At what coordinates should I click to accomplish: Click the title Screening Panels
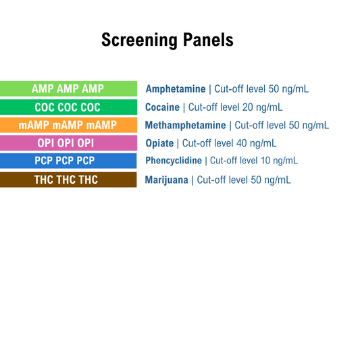tap(167, 40)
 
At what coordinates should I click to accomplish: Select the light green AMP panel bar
tap(68, 88)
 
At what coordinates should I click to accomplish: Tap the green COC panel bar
tap(68, 107)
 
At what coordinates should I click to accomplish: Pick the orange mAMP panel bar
tap(68, 125)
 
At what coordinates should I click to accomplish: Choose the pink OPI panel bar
tap(68, 143)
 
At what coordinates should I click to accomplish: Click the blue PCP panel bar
tap(68, 161)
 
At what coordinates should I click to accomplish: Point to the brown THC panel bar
tap(68, 180)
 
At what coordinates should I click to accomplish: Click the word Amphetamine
tap(176, 88)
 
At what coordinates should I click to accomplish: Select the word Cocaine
tap(162, 107)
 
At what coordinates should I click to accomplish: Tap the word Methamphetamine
tap(185, 125)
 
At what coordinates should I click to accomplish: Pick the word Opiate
tap(159, 143)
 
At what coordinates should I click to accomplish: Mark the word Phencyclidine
tap(174, 161)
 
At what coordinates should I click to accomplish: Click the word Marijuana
tap(166, 180)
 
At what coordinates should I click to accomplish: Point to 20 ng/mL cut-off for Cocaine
tap(265, 107)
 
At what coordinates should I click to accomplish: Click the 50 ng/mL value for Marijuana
tap(274, 180)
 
